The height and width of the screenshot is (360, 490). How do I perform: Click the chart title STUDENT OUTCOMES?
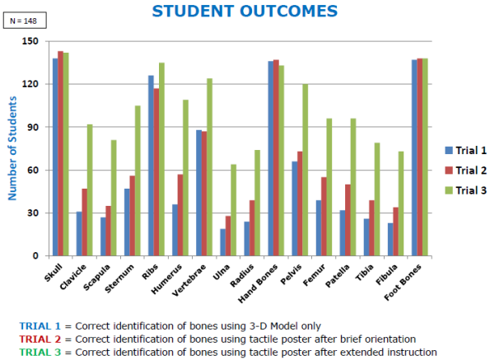(245, 12)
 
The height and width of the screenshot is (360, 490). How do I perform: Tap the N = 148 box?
(25, 21)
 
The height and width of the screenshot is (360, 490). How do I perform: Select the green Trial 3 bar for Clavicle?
(90, 190)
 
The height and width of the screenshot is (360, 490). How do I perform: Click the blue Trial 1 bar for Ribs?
(151, 166)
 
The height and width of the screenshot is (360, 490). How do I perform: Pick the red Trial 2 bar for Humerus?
(180, 215)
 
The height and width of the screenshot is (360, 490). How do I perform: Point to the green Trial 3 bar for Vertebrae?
(209, 167)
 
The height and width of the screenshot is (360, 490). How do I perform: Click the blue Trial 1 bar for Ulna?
(223, 242)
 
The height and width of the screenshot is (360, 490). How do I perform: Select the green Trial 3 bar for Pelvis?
(306, 170)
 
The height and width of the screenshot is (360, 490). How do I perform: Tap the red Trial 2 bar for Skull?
(61, 153)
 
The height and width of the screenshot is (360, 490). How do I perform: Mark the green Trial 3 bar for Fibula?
(401, 203)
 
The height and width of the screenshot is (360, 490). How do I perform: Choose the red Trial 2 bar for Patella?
(348, 220)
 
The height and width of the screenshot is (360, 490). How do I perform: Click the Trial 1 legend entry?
(465, 150)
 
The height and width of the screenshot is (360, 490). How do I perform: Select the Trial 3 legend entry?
(465, 190)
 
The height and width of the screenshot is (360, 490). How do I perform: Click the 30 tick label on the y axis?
(33, 213)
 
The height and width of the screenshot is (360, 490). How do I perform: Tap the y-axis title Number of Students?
(12, 148)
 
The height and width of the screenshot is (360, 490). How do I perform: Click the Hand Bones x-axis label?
(258, 283)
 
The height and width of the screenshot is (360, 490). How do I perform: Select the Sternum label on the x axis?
(119, 278)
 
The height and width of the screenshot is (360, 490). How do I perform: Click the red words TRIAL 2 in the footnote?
(40, 339)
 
